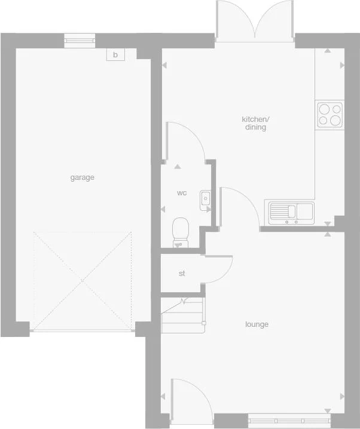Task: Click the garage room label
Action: (x=83, y=177)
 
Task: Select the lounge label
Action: (x=257, y=324)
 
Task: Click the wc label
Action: (x=182, y=193)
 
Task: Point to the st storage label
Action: (x=182, y=274)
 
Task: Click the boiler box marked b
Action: (x=115, y=55)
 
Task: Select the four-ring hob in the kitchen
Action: (x=330, y=114)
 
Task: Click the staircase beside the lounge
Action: (x=182, y=315)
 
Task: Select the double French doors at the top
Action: (x=255, y=21)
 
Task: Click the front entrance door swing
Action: (x=188, y=396)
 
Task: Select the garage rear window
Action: (x=80, y=41)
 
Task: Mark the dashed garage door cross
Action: (x=83, y=281)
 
